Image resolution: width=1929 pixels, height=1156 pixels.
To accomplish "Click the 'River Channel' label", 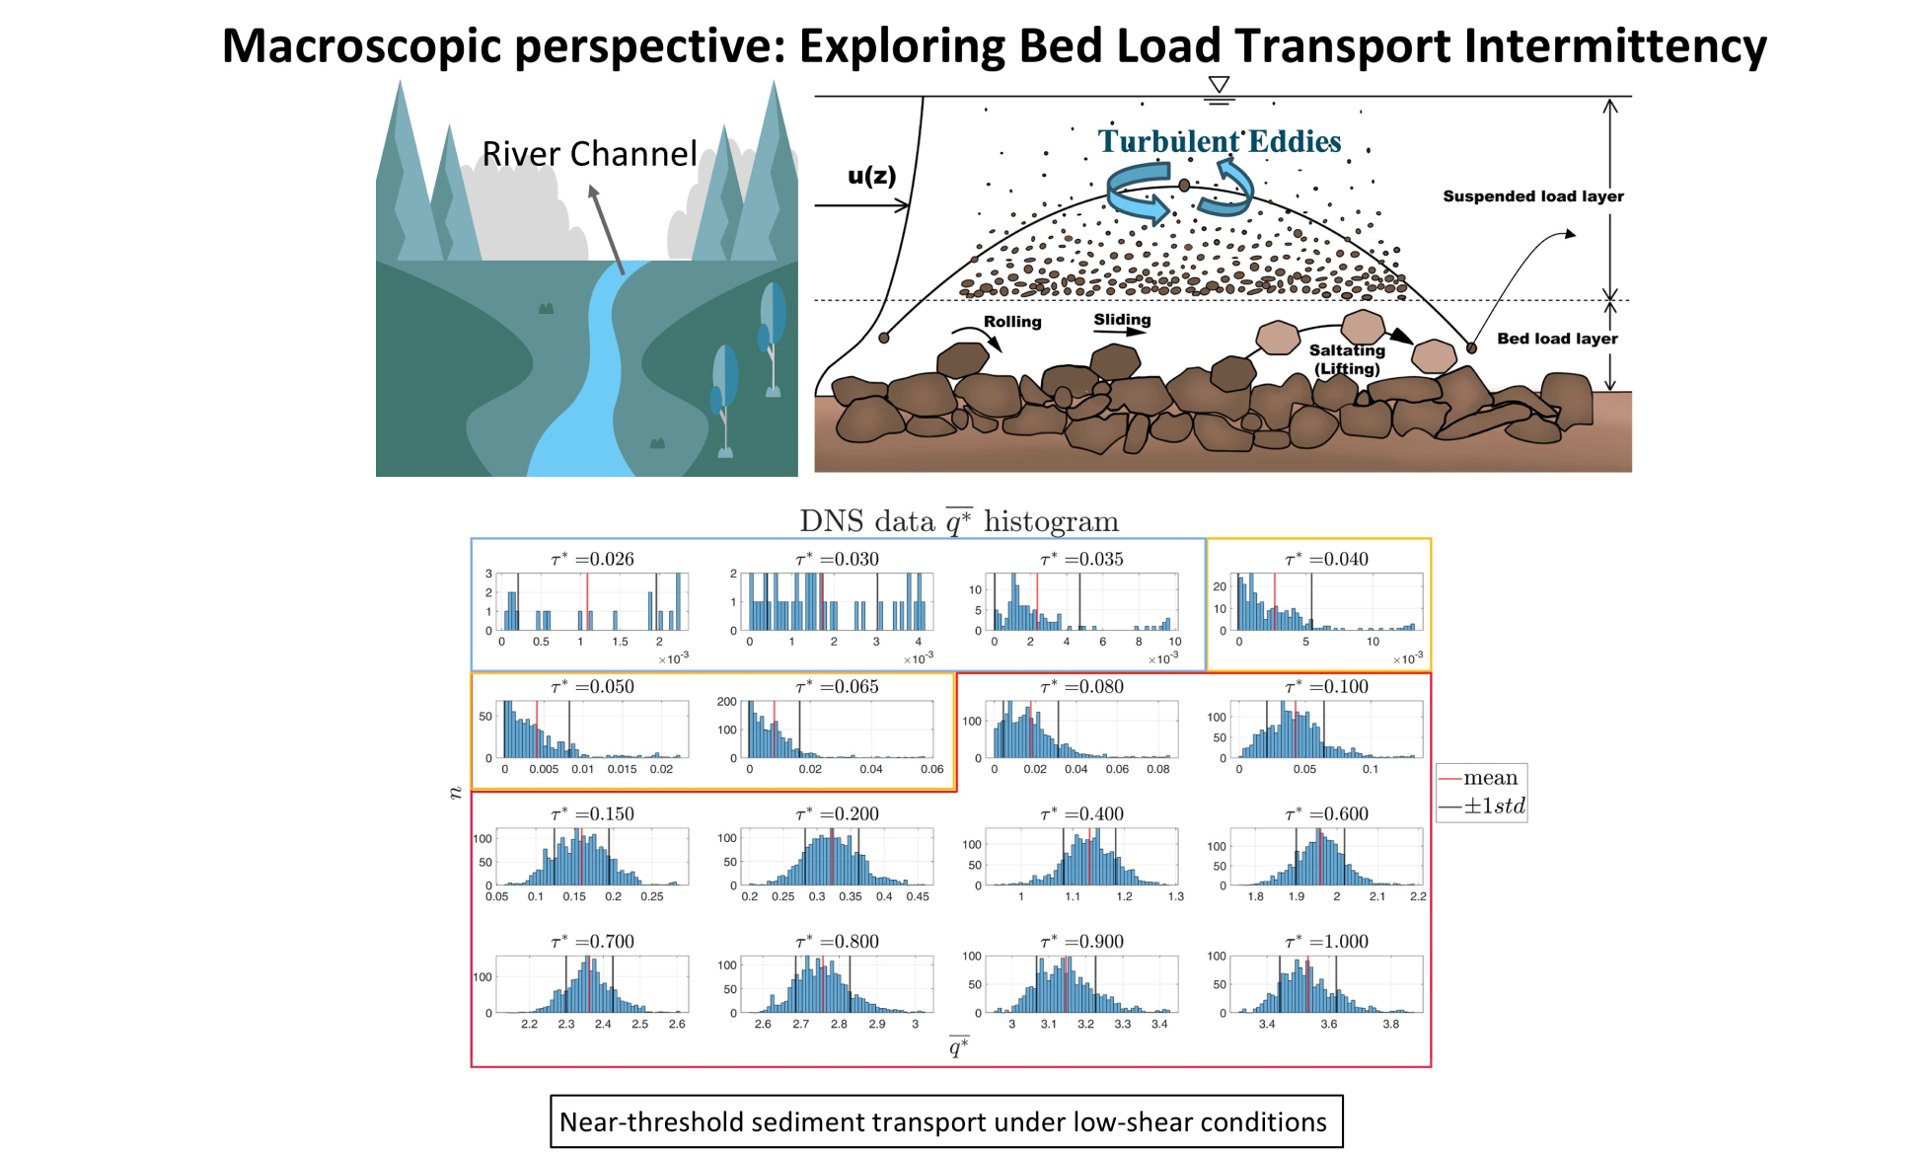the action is (589, 154).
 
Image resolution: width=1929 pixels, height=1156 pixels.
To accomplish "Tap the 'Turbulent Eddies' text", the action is (1220, 141).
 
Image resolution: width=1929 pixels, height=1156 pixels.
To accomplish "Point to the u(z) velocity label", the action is (872, 176).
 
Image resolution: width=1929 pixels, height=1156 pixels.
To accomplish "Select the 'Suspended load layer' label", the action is (1533, 196).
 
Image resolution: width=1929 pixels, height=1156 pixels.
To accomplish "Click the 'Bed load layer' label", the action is (1557, 339).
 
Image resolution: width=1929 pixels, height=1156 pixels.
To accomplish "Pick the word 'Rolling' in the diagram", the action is (1012, 322).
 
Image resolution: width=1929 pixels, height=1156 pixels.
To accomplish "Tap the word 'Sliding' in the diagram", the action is (1122, 320).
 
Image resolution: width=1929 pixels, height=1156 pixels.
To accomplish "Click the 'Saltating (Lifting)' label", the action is (1347, 359).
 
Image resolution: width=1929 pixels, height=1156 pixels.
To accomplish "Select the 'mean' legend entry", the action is (1490, 778).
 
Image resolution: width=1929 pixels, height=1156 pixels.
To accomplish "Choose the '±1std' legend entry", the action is (1494, 806).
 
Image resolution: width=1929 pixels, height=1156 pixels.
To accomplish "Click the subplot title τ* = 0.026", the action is (592, 559).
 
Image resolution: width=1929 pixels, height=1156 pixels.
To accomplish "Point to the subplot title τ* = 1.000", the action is (1326, 941).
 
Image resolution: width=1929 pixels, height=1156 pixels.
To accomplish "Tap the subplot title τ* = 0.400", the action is (1081, 813).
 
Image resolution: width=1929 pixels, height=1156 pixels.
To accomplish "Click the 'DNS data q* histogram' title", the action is (959, 520).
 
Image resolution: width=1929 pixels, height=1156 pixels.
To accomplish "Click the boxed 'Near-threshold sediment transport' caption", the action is (946, 1121).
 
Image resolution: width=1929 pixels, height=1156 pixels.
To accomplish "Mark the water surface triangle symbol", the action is (1219, 85).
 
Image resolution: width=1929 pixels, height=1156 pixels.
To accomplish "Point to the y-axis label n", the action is (455, 792).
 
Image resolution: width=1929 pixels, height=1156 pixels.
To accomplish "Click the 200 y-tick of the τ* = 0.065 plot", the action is (727, 702).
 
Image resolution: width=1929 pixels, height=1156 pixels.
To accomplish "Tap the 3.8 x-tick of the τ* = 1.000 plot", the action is (1390, 1025).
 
